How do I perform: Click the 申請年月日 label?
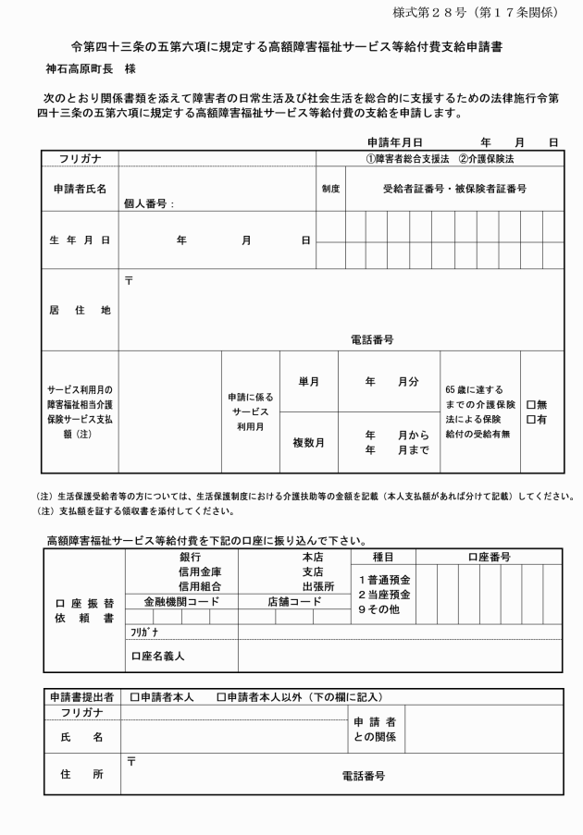pos(394,143)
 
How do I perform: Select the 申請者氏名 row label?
pos(80,189)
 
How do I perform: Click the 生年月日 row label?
pos(80,239)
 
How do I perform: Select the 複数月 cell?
pos(309,443)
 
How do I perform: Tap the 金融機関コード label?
pos(181,601)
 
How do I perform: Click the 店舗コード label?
pos(293,601)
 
